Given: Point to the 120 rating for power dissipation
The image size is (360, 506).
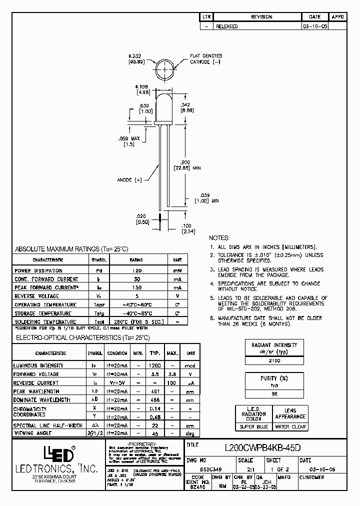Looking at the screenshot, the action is [136, 270].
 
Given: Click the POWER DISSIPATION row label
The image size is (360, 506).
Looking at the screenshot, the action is [38, 270].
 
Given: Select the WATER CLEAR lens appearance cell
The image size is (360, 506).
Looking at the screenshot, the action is [290, 426].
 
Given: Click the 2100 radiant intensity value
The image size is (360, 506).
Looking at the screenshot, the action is [274, 360].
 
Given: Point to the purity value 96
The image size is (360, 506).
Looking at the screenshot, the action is [274, 394].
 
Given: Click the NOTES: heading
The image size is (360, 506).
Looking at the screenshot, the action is [219, 238].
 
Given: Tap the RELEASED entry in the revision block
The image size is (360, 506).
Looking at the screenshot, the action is [226, 26].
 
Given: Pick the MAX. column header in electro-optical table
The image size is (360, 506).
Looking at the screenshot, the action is [172, 353].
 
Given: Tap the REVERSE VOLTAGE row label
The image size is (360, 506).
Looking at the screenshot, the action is [34, 296].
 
